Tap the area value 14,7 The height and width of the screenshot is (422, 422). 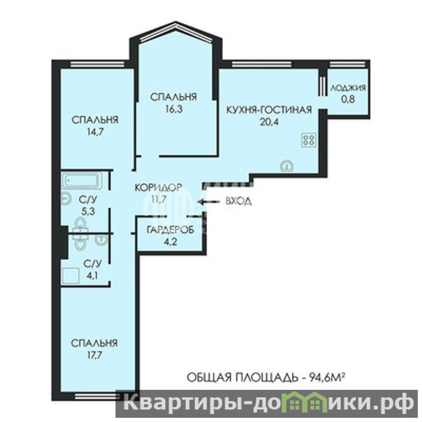[x=95, y=132]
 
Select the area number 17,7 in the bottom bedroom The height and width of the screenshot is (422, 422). [x=94, y=355]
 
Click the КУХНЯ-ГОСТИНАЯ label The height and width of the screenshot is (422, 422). [x=269, y=110]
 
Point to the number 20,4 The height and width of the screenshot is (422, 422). [x=269, y=122]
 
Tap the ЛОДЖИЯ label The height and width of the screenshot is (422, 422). [x=348, y=88]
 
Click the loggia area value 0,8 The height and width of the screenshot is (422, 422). [x=348, y=99]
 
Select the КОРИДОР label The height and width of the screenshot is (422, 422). [x=158, y=187]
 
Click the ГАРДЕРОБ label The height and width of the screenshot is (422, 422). [x=170, y=230]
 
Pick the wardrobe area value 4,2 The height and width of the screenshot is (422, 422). [x=170, y=242]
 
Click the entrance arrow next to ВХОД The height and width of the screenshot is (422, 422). [x=208, y=202]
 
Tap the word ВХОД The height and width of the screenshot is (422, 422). [x=238, y=201]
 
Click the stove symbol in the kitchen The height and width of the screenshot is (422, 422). [x=309, y=140]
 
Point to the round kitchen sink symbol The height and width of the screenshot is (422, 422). [x=287, y=166]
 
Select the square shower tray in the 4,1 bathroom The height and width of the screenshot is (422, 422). [x=71, y=275]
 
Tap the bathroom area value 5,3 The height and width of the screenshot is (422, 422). [x=88, y=212]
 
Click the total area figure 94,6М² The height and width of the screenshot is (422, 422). [x=327, y=377]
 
